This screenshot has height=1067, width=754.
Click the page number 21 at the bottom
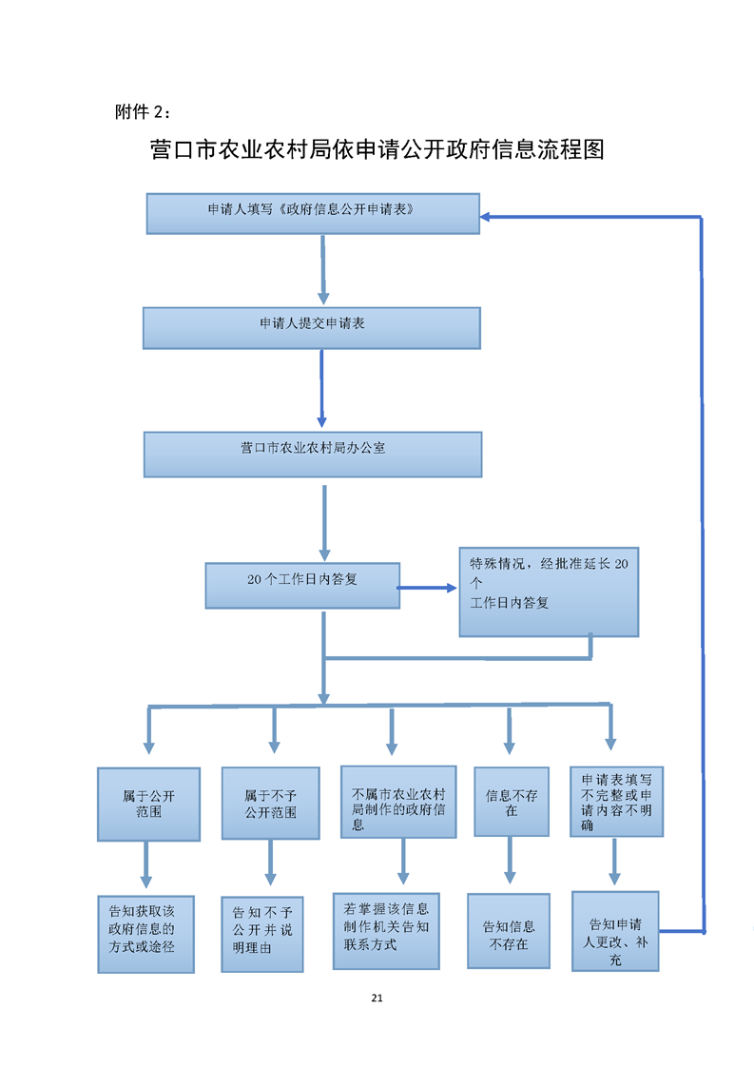pos(377,998)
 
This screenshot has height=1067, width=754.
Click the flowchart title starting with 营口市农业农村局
pos(377,149)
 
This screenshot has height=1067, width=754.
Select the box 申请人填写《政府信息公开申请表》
pos(313,214)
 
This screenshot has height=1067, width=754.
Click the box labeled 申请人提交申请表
pos(312,328)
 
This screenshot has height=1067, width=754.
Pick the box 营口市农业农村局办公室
pos(313,454)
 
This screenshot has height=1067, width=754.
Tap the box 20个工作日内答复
pos(302,585)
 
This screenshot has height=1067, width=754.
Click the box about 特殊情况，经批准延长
pos(549,592)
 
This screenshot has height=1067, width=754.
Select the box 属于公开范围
pos(148,805)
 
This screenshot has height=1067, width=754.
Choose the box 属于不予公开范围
pos(270,803)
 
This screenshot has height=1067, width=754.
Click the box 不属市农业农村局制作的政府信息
pos(398,802)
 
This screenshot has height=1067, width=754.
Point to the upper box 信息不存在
pos(511,802)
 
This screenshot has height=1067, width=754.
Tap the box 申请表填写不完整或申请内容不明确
pos(616,802)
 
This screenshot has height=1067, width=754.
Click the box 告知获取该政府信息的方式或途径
pos(145,934)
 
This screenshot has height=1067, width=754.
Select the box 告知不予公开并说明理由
pos(262,934)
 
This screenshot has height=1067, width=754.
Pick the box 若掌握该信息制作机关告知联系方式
pos(386,930)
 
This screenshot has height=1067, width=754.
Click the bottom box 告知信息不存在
pos(509,930)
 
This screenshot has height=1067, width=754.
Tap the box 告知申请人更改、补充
pos(615,930)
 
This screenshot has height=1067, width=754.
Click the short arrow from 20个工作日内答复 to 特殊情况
pos(427,588)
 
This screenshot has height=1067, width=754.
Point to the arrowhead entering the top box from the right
pos(485,217)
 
